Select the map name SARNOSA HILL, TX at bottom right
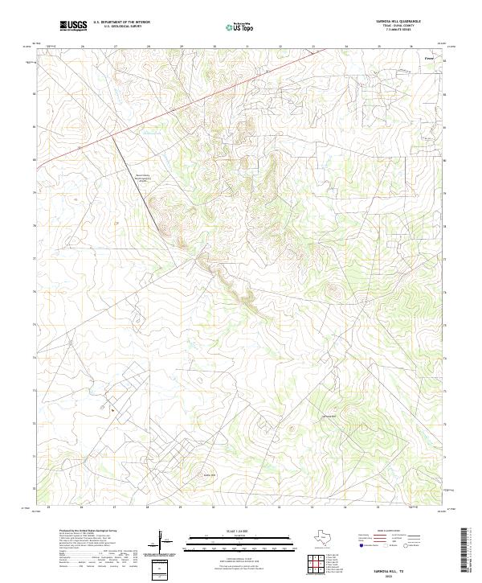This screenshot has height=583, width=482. click(388, 566)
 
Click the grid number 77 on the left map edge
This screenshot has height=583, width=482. click(34, 258)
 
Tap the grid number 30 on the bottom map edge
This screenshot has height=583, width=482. click(214, 507)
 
